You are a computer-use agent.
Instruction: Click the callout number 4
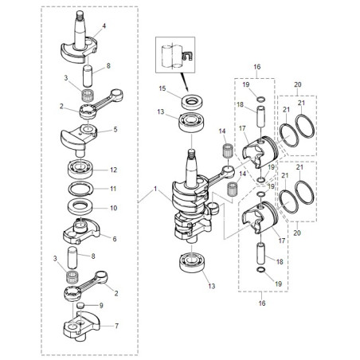(104, 25)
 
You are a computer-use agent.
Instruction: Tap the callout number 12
(114, 170)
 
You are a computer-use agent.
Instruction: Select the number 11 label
(113, 189)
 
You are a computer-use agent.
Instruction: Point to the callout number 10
(114, 208)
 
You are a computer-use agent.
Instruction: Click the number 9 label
(101, 305)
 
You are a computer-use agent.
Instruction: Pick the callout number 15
(162, 88)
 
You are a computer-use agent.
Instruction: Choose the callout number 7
(116, 326)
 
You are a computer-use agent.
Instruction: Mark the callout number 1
(155, 189)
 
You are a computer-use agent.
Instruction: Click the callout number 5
(115, 129)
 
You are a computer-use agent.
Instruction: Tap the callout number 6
(115, 239)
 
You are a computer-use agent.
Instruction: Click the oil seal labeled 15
(191, 101)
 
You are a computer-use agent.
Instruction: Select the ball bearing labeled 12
(80, 169)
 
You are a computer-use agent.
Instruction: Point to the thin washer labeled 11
(81, 189)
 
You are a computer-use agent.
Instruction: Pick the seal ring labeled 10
(80, 207)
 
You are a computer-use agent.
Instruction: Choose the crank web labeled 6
(81, 231)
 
